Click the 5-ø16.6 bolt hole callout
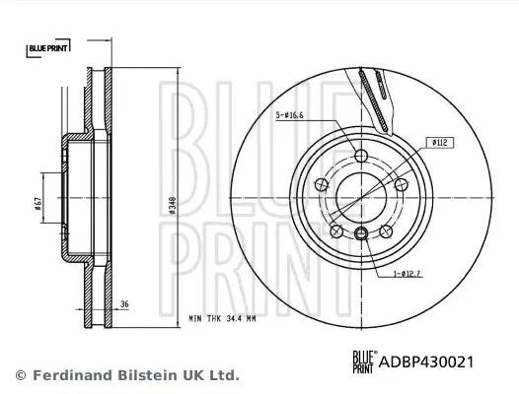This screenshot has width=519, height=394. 290,115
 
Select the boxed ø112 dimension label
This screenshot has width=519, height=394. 440,143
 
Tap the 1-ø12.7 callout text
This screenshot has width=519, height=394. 407,274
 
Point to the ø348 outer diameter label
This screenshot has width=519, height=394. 173,205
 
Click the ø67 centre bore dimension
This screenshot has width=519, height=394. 37,204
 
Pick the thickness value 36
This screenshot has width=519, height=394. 124,303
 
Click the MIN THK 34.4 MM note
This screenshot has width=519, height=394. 222,318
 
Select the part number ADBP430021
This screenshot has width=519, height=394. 426,361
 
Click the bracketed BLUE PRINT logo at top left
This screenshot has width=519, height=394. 48,48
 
